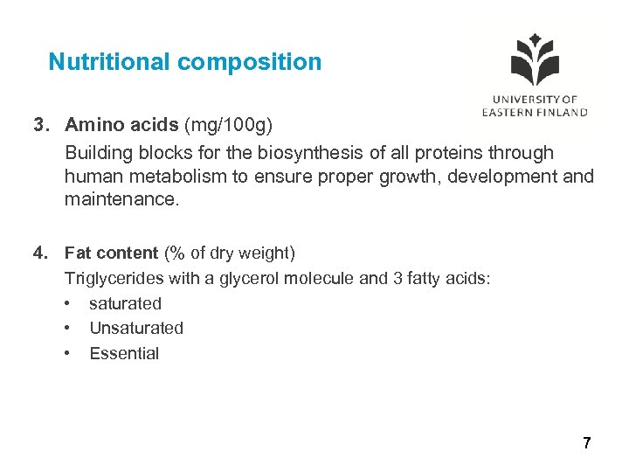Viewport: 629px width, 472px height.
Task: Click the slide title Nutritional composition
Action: (185, 62)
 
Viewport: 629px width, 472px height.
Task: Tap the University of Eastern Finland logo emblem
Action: (535, 61)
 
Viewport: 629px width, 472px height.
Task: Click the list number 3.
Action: (39, 127)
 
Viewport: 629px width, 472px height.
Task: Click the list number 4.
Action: (39, 253)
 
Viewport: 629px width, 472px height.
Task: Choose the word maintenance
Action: (121, 200)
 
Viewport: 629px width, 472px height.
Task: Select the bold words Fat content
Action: (111, 253)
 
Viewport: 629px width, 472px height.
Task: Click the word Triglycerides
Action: (110, 278)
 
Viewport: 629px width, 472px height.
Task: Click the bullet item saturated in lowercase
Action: (125, 303)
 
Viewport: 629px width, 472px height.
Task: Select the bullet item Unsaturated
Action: (136, 329)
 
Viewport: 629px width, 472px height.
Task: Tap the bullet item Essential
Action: (124, 354)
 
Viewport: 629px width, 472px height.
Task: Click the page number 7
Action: (586, 443)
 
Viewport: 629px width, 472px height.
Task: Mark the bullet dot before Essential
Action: (68, 354)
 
